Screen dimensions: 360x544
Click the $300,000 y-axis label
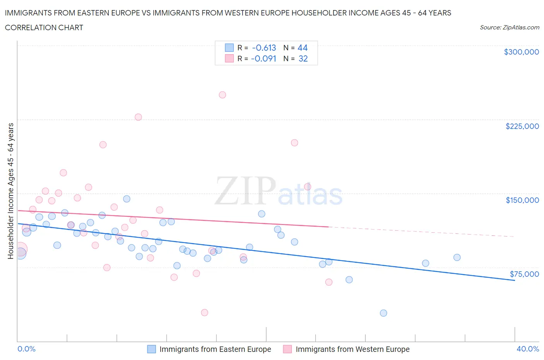(521, 52)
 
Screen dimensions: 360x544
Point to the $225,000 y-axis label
(522, 126)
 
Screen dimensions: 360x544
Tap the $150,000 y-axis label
(522, 200)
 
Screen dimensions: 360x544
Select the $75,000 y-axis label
(524, 274)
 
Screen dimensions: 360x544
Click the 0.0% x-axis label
(27, 349)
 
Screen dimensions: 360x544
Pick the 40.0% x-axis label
(528, 349)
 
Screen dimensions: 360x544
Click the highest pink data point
(222, 95)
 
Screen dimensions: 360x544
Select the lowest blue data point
(383, 313)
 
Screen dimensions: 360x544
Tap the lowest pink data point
(205, 313)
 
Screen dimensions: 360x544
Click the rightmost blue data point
(457, 257)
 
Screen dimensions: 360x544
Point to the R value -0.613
(264, 48)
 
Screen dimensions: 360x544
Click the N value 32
(303, 58)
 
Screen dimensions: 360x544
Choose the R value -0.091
(263, 58)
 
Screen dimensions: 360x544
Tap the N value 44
(303, 48)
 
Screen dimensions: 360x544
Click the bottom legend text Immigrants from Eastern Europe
(215, 349)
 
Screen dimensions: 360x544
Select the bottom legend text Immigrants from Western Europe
(352, 349)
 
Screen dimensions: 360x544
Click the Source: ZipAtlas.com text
(509, 27)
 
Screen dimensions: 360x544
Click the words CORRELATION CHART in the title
(44, 27)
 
